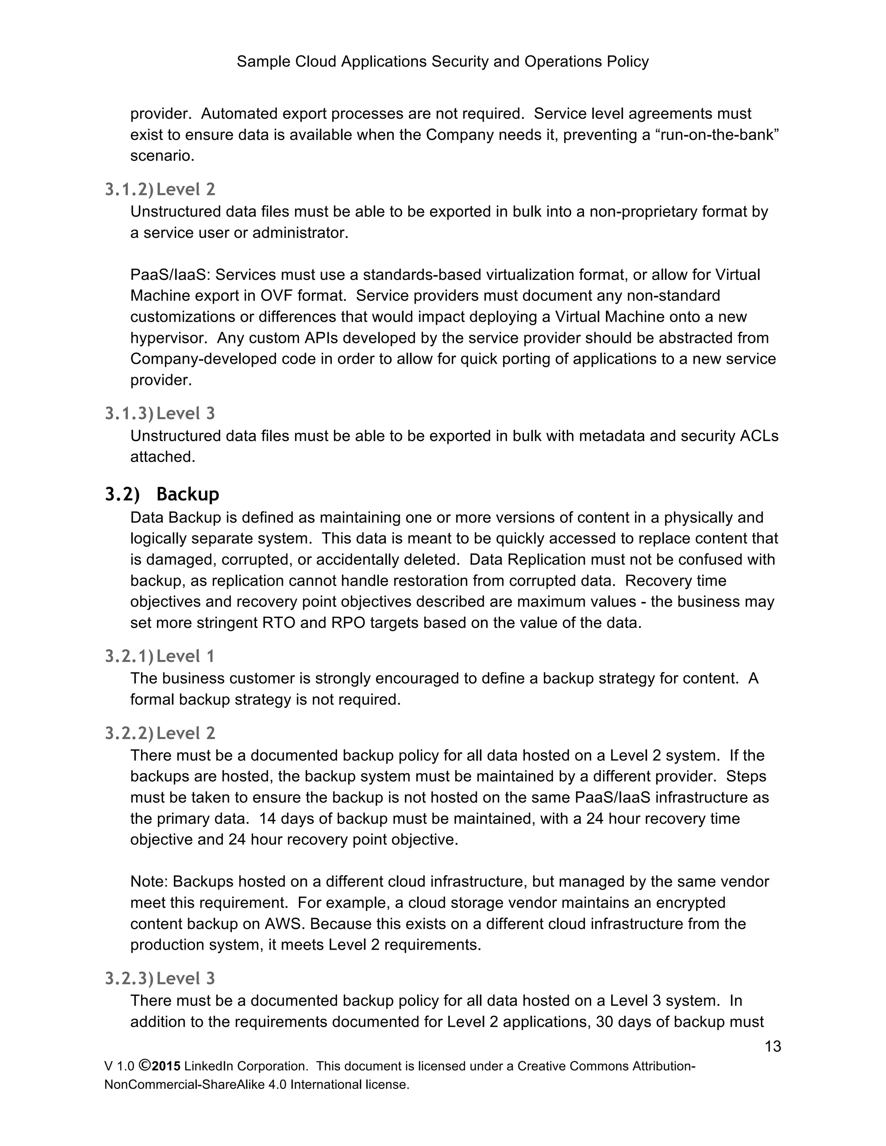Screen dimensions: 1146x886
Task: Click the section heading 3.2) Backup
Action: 162,494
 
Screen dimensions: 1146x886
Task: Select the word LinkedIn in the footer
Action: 209,1066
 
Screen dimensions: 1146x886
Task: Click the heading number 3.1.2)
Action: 128,189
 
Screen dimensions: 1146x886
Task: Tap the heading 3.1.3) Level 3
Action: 160,413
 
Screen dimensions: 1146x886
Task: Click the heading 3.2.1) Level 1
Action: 160,656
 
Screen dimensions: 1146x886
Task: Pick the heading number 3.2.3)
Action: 128,978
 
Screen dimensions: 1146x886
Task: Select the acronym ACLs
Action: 758,436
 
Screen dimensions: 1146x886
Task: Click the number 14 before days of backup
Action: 268,819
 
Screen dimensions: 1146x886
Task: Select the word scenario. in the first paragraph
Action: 162,156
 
